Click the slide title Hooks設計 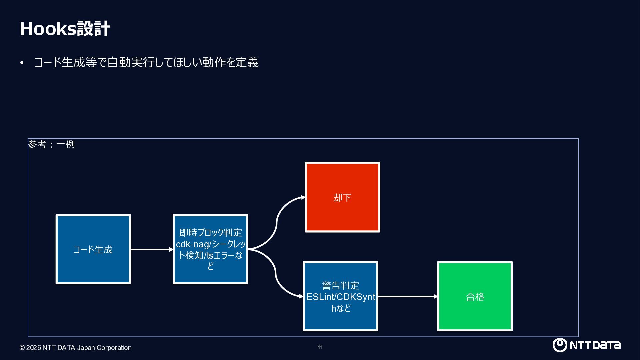tap(65, 29)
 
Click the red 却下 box tap(342, 197)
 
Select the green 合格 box tap(475, 296)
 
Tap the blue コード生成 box tap(93, 249)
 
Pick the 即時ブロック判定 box tap(210, 249)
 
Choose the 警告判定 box tap(340, 296)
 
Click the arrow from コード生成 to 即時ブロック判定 tap(152, 249)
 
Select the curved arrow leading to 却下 tap(276, 223)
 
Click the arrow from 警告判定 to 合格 tap(408, 296)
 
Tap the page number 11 tap(320, 347)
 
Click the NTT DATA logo tap(586, 345)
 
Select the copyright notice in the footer tap(76, 348)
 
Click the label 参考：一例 tap(51, 144)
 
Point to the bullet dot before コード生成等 tap(22, 63)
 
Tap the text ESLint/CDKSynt tap(341, 297)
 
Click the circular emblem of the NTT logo tap(560, 345)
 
